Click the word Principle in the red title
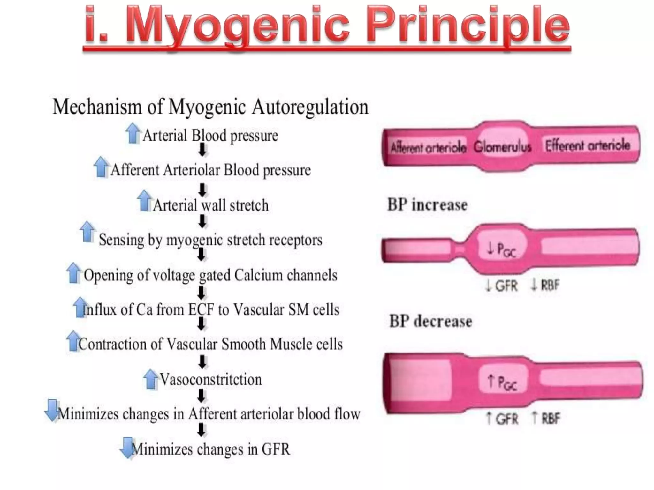coord(468,27)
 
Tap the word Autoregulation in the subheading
coord(310,107)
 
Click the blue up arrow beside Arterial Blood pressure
coord(133,134)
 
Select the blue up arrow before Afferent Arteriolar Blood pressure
coord(101,167)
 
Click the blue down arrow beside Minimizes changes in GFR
coord(127,447)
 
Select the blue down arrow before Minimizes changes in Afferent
coord(52,410)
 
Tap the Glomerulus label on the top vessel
coord(502,147)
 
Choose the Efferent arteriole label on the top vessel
coord(588,145)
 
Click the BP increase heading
coord(427,205)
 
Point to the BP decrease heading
coord(430,321)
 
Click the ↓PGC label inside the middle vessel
coord(501,249)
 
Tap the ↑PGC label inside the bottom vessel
coord(502,382)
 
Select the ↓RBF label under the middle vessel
coord(545,285)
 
